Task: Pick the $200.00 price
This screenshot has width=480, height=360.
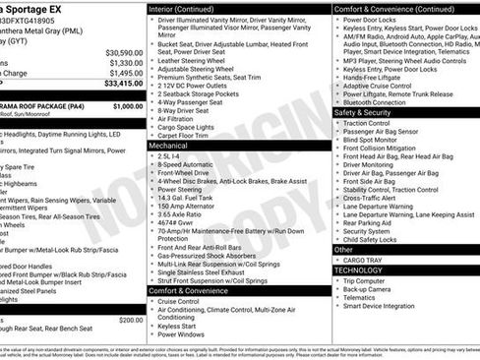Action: pyautogui.click(x=130, y=320)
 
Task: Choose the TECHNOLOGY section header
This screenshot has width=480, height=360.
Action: pyautogui.click(x=359, y=270)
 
